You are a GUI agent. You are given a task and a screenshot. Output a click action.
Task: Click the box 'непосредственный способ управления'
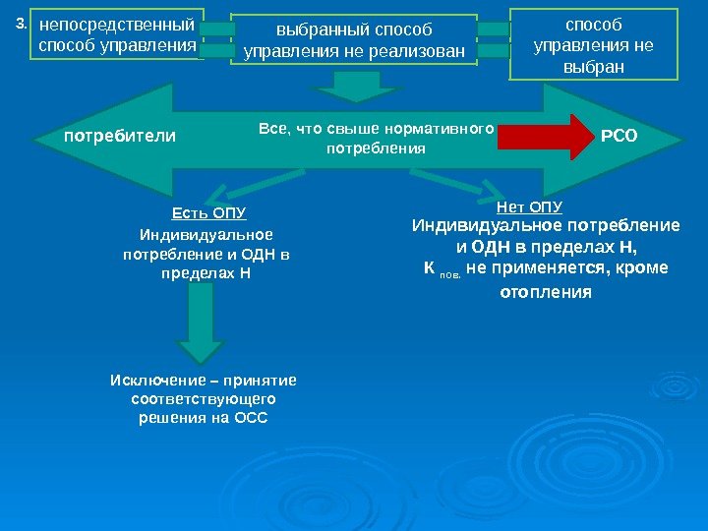pyautogui.click(x=117, y=34)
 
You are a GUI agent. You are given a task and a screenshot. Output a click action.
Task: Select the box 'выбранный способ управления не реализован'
pyautogui.click(x=360, y=40)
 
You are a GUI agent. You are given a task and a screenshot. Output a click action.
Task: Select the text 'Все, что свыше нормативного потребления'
pyautogui.click(x=375, y=139)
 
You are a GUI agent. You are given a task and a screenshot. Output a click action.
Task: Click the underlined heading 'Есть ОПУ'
pyautogui.click(x=207, y=213)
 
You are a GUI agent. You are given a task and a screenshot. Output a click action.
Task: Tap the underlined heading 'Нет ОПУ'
pyautogui.click(x=529, y=206)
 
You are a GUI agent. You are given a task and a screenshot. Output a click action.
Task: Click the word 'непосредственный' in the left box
pyautogui.click(x=117, y=24)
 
